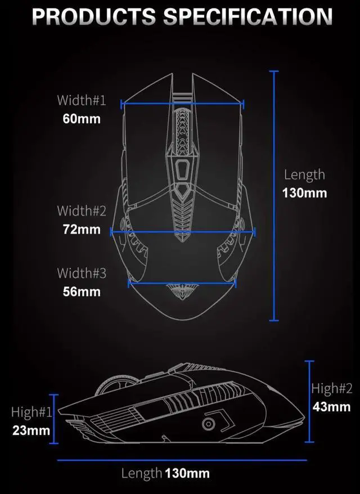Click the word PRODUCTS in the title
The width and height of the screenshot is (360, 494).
point(94,16)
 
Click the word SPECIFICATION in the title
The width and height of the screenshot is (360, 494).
point(247,16)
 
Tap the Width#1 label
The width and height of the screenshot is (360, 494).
point(81,101)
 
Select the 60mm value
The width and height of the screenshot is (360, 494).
point(81,119)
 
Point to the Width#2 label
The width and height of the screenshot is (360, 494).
point(81,211)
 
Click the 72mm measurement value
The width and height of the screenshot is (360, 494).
point(81,230)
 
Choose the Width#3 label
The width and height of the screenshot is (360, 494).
point(81,273)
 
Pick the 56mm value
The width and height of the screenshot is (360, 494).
point(81,291)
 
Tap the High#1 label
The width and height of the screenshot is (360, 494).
point(31,412)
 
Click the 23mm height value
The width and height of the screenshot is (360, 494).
point(31,430)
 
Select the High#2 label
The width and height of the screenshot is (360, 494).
point(332,388)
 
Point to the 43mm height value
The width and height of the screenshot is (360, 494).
point(332,406)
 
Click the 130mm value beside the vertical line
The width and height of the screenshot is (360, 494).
point(304,193)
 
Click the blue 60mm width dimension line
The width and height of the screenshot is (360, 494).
point(182,104)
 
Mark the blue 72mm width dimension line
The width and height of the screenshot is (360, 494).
point(183,231)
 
